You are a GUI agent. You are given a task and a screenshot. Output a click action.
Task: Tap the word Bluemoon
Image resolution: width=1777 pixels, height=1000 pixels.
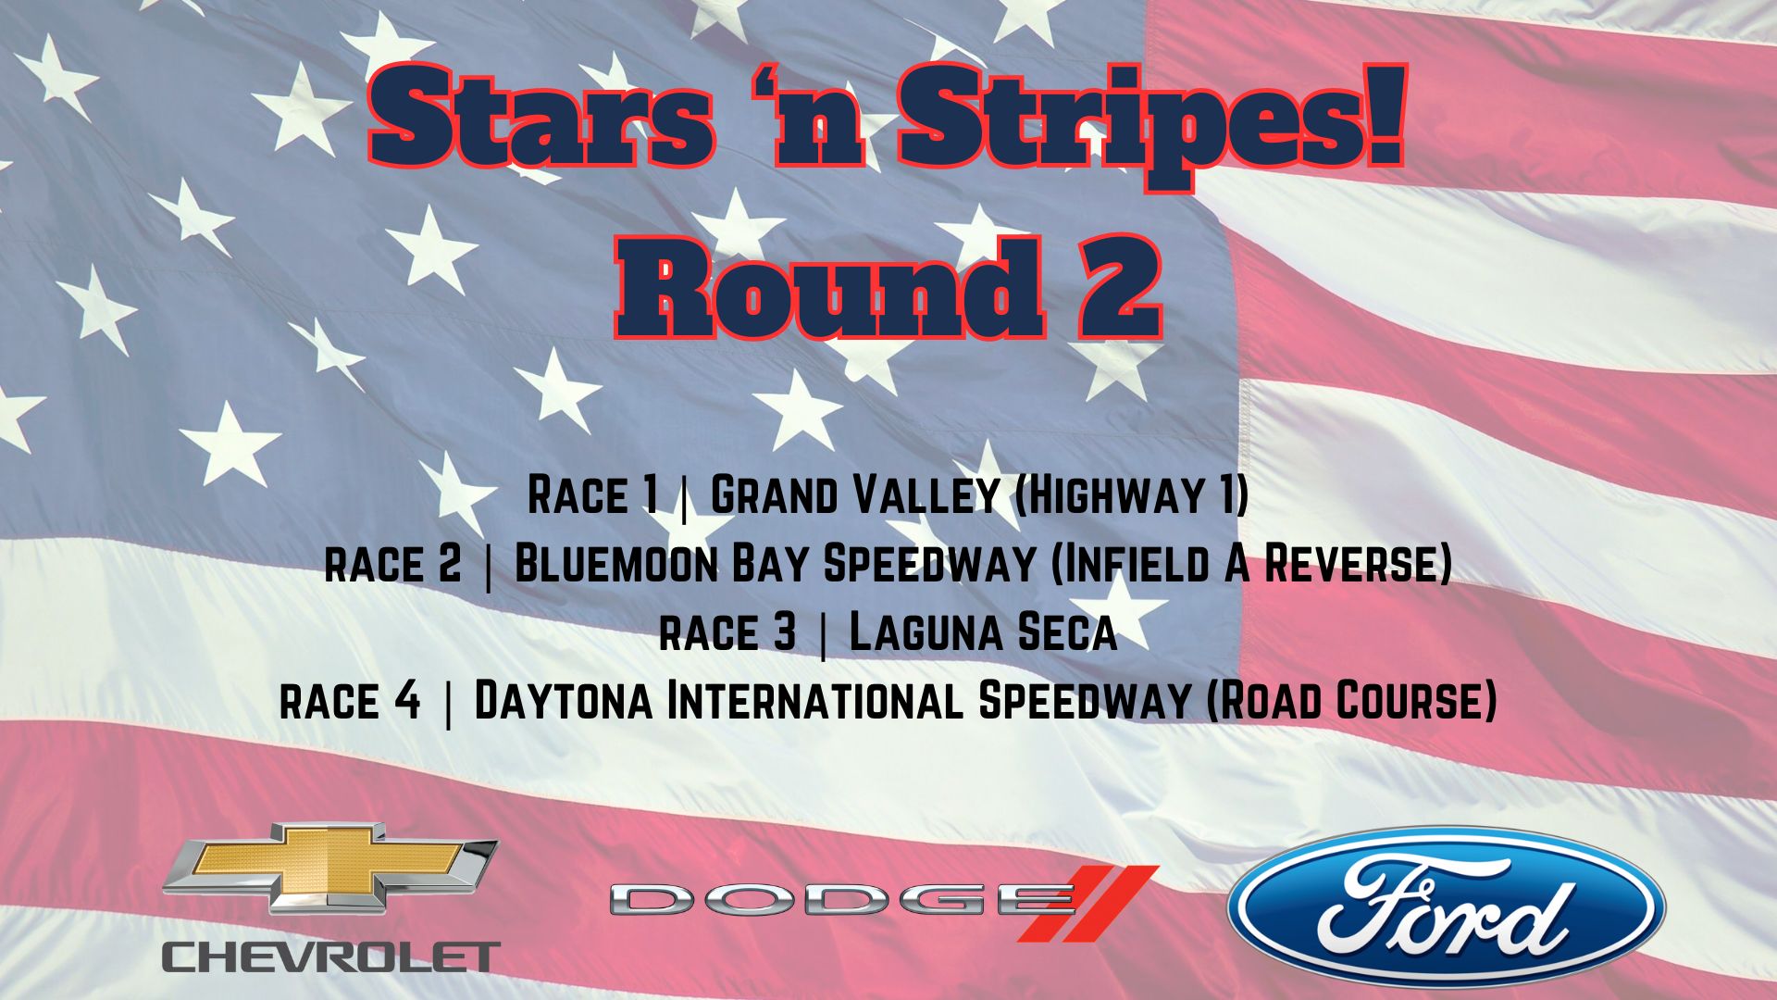click(616, 564)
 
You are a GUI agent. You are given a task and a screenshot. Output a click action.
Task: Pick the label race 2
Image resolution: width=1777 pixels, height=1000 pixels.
click(392, 565)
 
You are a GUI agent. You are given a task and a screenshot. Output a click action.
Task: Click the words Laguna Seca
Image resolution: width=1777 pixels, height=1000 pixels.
click(983, 632)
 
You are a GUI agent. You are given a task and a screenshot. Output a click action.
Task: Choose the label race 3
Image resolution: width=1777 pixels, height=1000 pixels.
click(727, 633)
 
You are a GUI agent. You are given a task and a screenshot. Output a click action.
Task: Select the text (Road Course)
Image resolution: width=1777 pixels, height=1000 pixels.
click(1352, 701)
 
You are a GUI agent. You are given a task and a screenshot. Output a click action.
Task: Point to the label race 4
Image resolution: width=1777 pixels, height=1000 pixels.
click(350, 702)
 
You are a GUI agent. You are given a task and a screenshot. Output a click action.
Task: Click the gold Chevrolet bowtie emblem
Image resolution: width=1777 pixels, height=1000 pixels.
click(330, 868)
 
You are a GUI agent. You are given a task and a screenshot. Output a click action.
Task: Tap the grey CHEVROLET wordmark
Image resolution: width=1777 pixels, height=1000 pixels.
click(331, 956)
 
